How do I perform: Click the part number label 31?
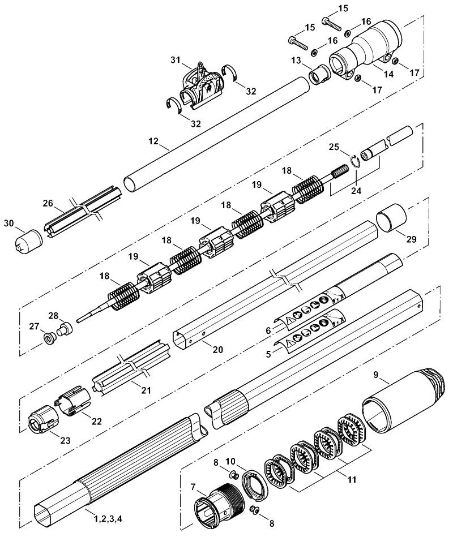tap(176, 61)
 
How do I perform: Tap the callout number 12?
tap(153, 141)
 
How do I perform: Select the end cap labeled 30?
tap(29, 242)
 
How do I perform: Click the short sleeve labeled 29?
tap(391, 217)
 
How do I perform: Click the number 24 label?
tap(356, 191)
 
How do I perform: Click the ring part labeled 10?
tap(255, 484)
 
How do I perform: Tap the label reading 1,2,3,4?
tap(108, 519)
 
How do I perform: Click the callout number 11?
tap(352, 479)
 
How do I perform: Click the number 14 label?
tap(388, 74)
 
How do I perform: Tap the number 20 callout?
tap(218, 349)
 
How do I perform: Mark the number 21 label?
tap(146, 390)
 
